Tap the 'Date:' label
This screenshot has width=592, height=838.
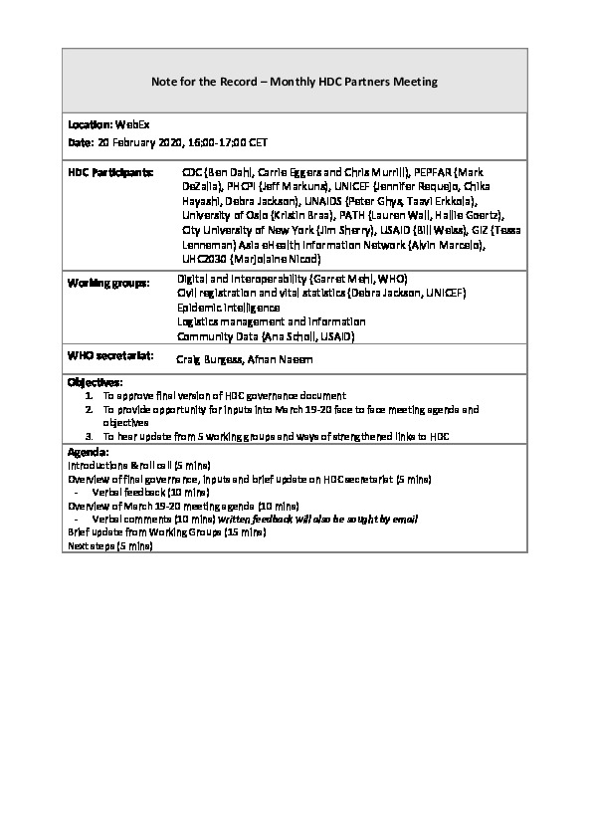80,143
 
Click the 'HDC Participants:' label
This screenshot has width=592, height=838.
110,172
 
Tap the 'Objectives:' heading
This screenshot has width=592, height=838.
95,382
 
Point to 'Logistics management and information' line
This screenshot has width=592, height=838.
271,321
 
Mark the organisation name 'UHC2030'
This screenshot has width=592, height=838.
204,257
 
